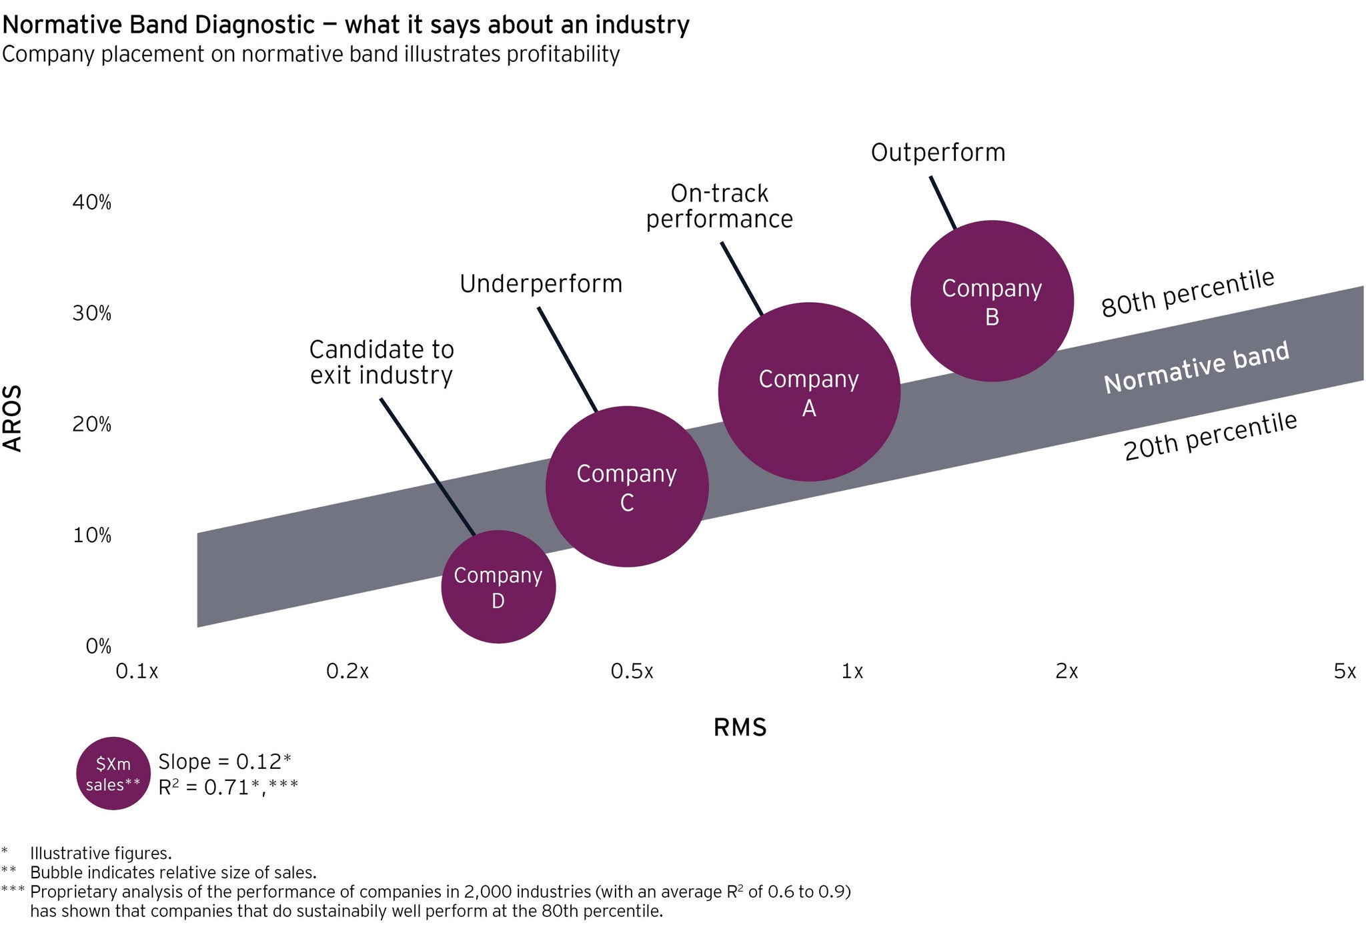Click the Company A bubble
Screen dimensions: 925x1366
[x=809, y=392]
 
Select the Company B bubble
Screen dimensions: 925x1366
[x=992, y=301]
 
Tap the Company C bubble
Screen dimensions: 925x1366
[x=627, y=487]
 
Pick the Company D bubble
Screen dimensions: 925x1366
[x=498, y=587]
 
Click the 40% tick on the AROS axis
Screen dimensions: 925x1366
[x=92, y=203]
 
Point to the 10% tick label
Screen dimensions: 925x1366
[x=92, y=536]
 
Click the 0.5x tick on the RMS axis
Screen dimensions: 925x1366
[x=632, y=672]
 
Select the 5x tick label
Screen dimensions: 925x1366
[x=1345, y=672]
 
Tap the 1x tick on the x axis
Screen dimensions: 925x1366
[x=852, y=672]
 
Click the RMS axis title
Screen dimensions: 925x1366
[x=740, y=728]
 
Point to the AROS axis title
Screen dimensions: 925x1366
[x=13, y=419]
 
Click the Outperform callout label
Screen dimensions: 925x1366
[x=938, y=153]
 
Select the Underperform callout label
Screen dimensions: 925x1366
[x=541, y=285]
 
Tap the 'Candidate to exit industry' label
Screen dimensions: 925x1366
[x=382, y=363]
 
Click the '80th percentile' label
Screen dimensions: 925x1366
[x=1188, y=293]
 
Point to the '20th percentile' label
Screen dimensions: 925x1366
[x=1211, y=437]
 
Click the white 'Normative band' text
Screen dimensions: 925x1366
[x=1196, y=369]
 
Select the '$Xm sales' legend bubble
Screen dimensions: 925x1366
[x=113, y=774]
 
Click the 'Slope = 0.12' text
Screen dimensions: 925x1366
[x=225, y=762]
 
